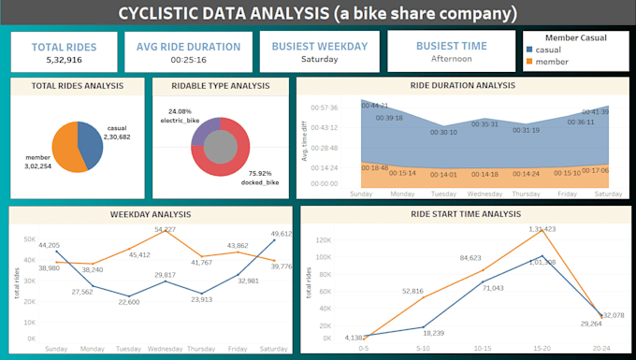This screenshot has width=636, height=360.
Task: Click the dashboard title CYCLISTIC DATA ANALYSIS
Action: point(317,14)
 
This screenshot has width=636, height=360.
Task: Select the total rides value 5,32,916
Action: point(64,60)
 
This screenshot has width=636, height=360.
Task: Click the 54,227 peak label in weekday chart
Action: point(166,229)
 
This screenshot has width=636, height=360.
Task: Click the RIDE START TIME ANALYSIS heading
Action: point(467,214)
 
